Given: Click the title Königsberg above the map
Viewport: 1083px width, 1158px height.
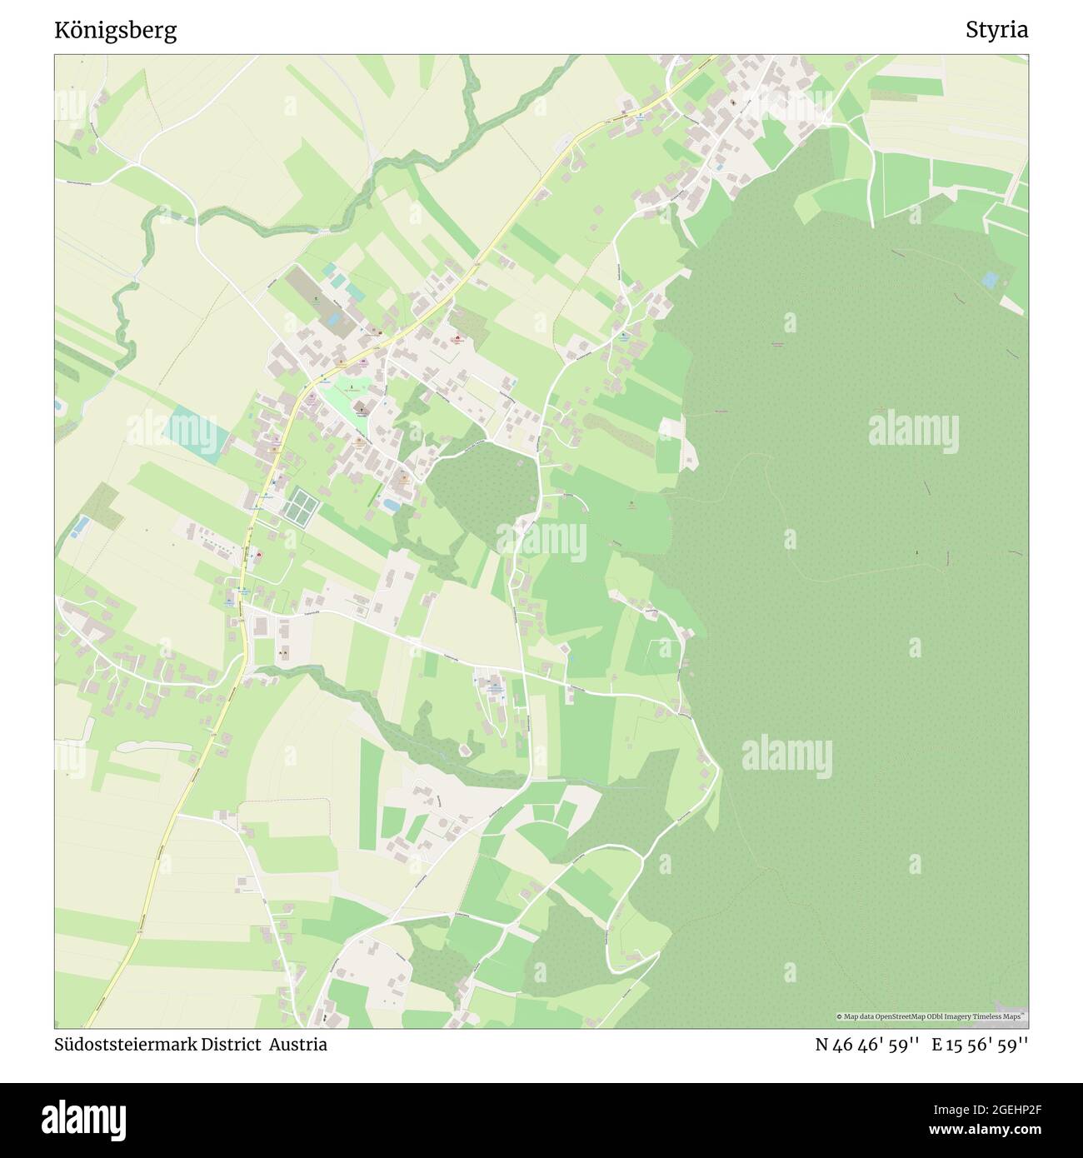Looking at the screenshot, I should point(115,31).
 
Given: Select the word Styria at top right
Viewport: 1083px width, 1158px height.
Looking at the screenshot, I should point(996,31).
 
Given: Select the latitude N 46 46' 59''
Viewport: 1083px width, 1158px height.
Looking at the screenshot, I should point(866,1045).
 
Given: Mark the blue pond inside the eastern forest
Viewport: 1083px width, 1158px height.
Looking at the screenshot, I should point(989,281).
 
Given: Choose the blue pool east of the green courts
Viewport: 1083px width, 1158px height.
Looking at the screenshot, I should point(389,504).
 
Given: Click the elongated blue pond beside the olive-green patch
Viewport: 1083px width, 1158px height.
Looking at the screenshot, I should point(81,526).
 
